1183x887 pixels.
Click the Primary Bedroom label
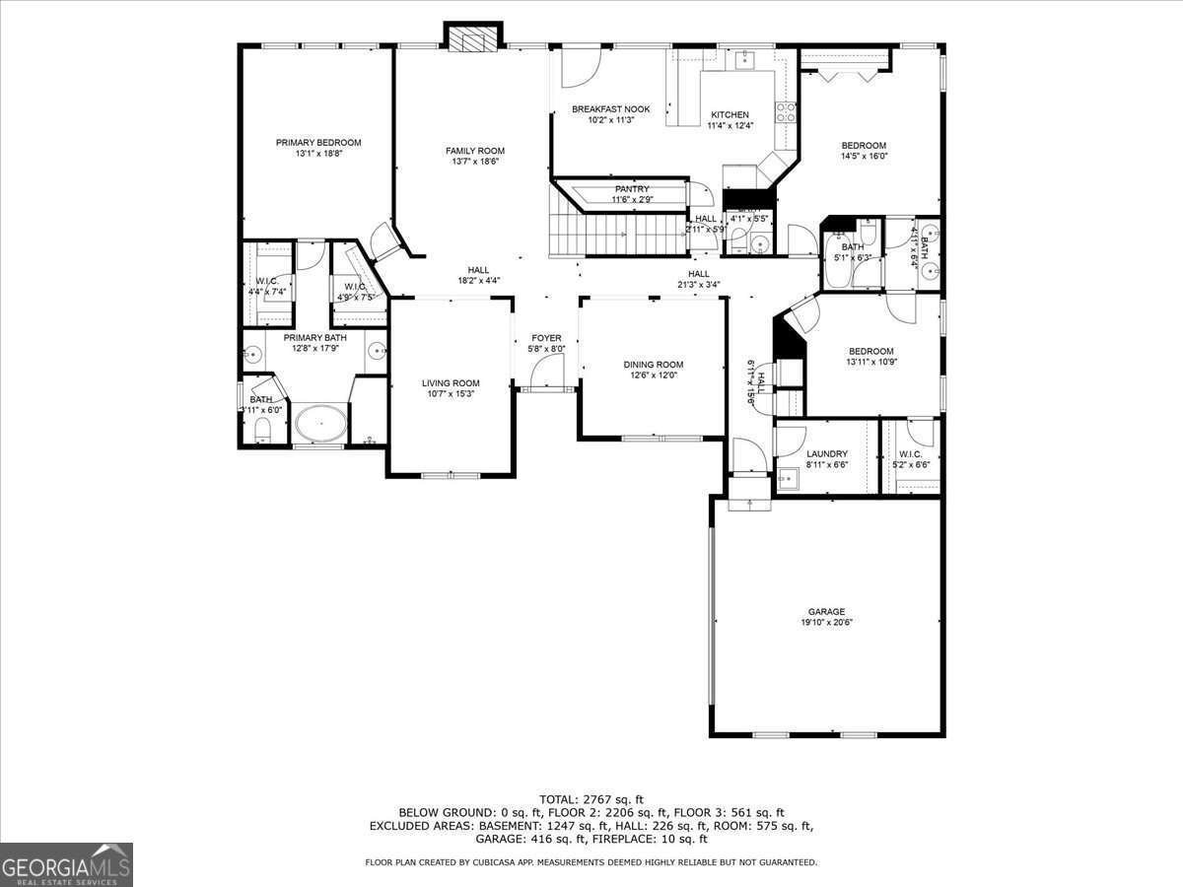[317, 143]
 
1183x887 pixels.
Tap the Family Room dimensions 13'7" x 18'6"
[474, 162]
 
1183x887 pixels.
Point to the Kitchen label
[730, 115]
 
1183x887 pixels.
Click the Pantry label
[631, 189]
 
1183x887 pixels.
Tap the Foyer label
[546, 338]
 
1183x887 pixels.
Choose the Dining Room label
[653, 365]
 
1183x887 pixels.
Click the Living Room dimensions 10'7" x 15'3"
[451, 394]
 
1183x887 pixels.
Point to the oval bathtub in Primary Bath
[320, 425]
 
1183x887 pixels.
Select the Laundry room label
[826, 454]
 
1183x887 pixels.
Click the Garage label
[826, 612]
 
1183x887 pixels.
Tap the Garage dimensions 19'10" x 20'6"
[826, 623]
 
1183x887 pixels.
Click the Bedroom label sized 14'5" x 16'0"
[864, 146]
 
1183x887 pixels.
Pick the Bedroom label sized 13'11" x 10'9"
[871, 352]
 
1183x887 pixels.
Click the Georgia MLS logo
[67, 864]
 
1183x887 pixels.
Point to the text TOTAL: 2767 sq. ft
[591, 798]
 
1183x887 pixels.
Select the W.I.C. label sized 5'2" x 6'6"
[910, 454]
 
